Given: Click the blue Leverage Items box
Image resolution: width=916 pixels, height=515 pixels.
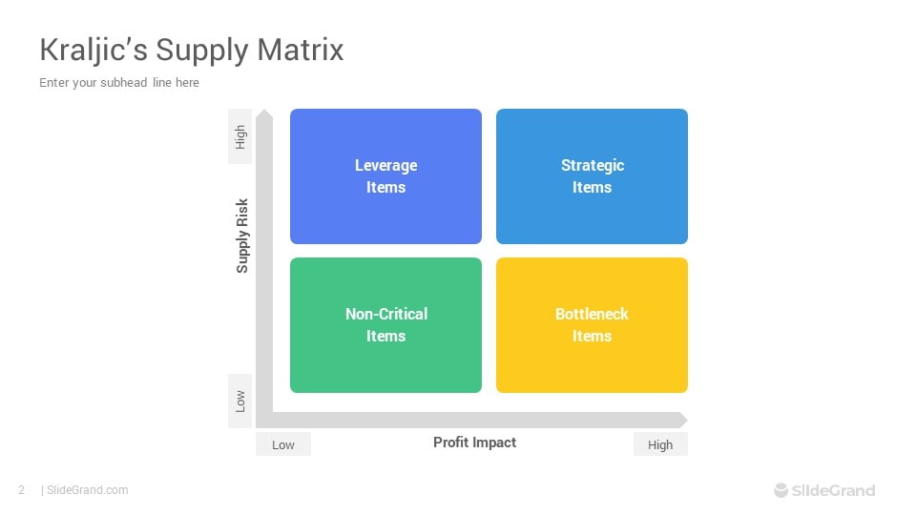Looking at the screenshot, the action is point(385,176).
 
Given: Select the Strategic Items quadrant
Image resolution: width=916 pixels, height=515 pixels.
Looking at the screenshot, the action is point(592,176).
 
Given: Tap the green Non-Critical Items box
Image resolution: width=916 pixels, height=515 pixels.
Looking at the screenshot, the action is point(385,325).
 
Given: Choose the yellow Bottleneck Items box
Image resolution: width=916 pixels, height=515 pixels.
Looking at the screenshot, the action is point(592,325).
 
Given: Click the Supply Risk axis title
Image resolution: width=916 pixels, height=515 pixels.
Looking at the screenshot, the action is point(241,236).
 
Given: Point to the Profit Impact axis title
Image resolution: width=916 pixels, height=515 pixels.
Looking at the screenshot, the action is point(474,443).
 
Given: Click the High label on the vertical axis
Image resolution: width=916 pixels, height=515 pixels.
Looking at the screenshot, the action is point(240,136).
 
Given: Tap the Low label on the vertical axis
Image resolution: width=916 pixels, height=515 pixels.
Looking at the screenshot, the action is point(240,402).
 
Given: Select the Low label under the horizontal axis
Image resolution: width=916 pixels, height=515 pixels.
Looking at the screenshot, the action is point(283,444).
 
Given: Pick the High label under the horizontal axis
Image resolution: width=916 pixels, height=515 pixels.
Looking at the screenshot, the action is point(660,444).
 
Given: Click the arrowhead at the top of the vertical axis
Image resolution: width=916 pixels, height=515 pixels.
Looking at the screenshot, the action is point(264,114).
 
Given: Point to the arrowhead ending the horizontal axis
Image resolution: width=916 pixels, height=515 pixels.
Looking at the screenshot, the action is point(681,420).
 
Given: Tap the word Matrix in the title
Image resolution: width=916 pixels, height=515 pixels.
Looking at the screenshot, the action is point(301,50).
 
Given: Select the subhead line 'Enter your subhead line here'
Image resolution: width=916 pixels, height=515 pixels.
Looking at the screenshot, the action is point(119,82).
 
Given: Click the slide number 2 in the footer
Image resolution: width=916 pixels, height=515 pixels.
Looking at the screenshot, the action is point(22,490).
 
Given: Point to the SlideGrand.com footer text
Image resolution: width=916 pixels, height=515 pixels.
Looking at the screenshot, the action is point(87,490).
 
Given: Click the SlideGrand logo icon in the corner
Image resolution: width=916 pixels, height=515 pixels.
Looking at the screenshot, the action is point(781,490).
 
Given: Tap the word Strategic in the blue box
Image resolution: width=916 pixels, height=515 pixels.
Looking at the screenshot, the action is point(593,165).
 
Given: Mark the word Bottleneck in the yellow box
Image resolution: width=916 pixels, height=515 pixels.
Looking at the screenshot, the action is point(592,314).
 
